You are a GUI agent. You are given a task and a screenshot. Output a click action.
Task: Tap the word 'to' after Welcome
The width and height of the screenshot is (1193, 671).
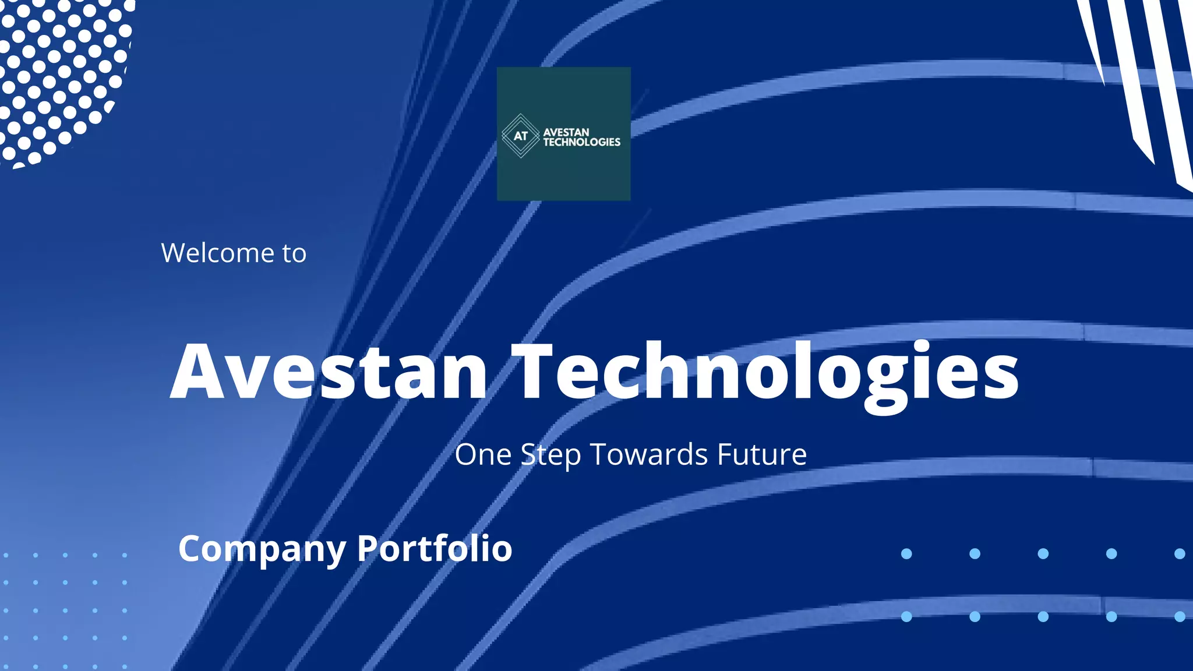point(294,254)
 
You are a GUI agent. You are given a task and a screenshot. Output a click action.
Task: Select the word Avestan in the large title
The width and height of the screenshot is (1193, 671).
point(329,372)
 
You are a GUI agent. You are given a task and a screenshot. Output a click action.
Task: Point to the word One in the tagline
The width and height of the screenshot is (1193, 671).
point(483,454)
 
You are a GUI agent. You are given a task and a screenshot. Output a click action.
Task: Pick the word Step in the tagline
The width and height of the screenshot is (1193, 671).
point(550,455)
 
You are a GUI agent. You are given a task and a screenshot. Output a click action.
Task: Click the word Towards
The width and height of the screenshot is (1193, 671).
point(650,454)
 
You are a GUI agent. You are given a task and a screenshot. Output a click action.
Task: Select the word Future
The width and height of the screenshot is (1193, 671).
point(761,454)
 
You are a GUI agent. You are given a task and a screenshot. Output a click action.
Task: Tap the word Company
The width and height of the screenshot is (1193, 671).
point(262,549)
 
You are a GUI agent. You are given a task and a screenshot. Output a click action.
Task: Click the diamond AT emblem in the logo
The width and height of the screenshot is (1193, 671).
point(520,136)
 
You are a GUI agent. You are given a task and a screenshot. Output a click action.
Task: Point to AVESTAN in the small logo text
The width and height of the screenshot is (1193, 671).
point(566,132)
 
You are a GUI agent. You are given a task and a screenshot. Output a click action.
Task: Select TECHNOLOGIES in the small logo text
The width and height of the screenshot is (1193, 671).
point(581,142)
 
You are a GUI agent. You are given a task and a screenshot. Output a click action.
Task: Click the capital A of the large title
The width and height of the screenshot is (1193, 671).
point(198,372)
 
